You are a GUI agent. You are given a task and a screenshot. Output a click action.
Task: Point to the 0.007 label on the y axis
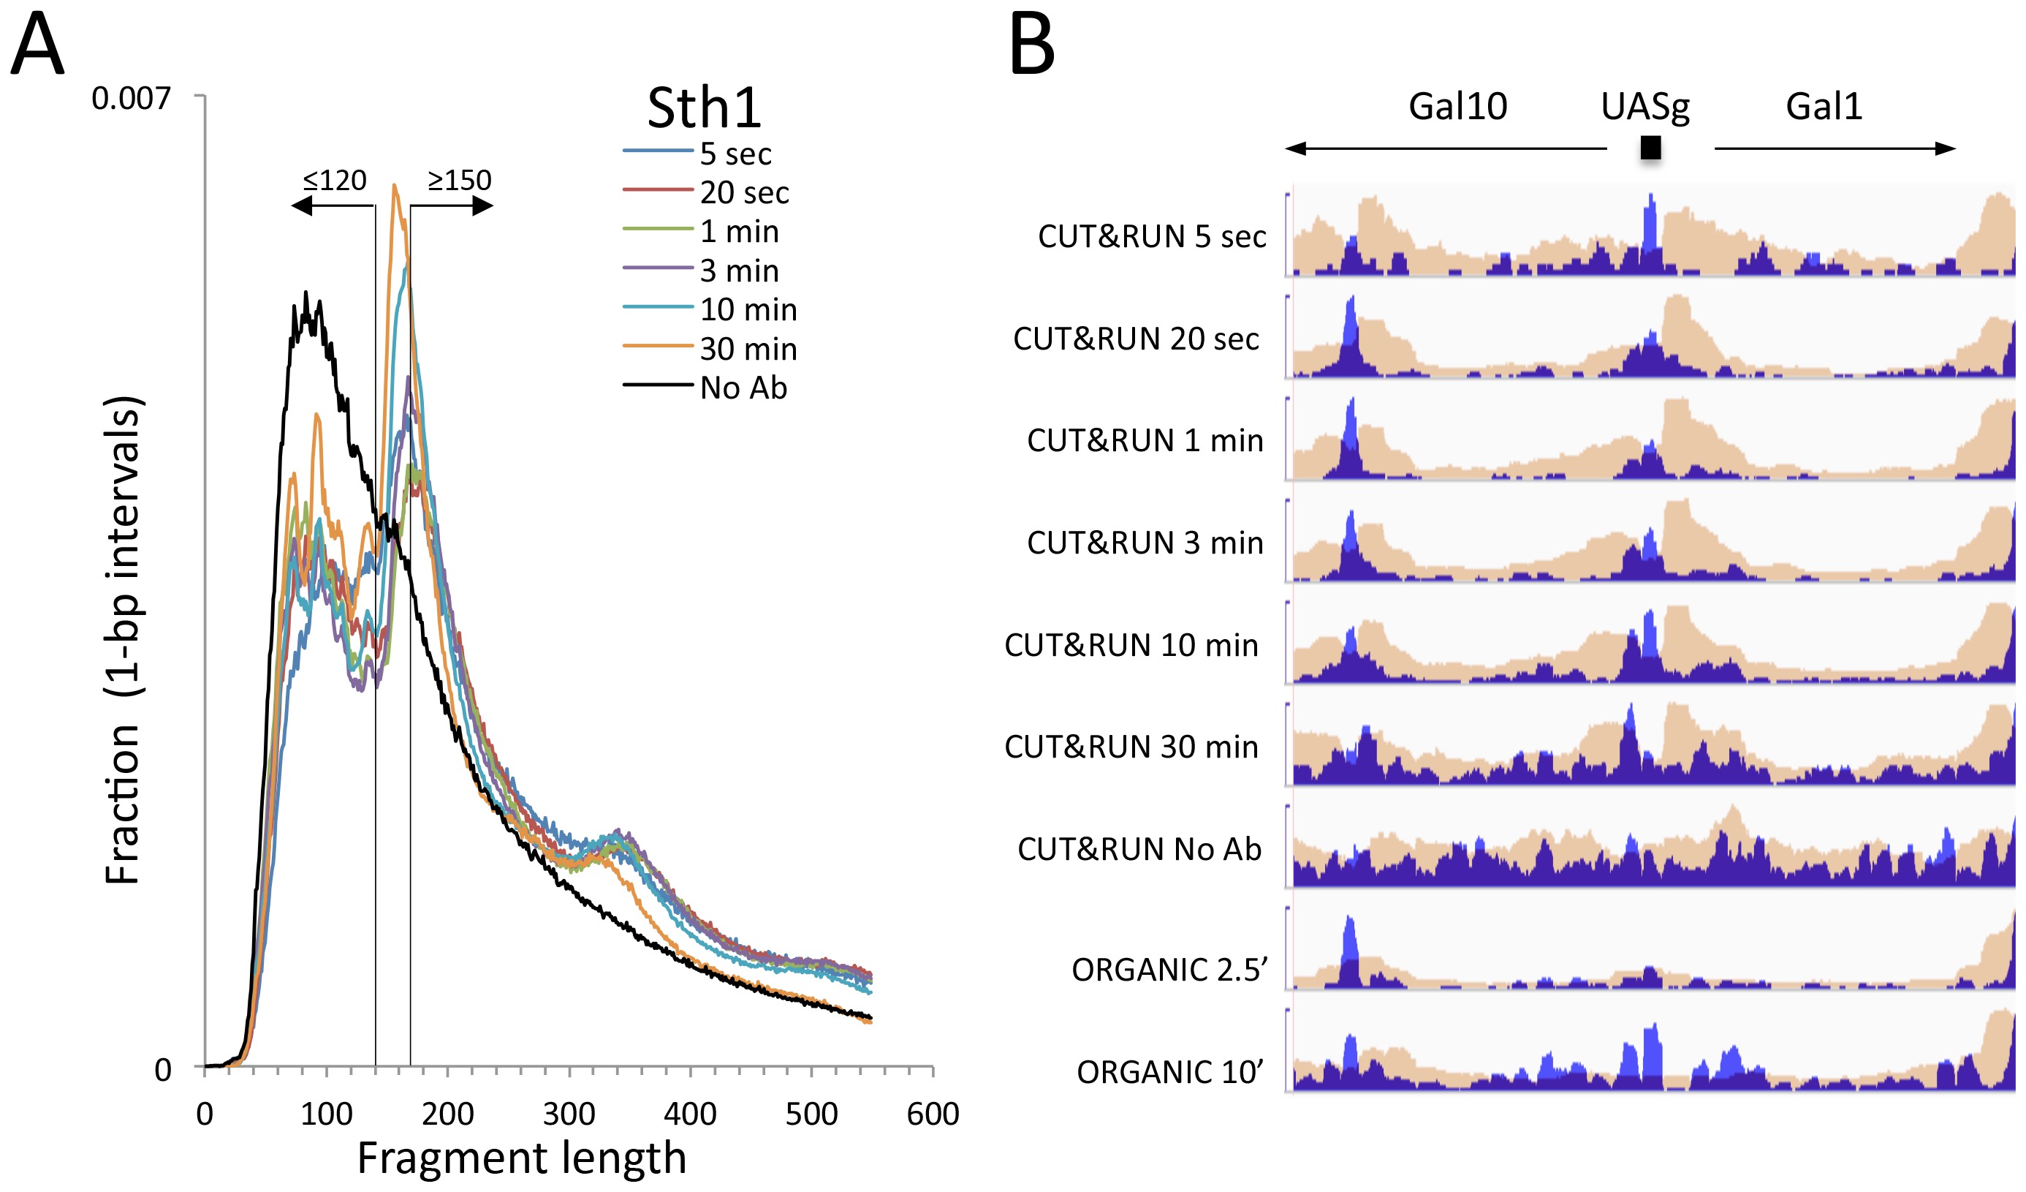tap(131, 99)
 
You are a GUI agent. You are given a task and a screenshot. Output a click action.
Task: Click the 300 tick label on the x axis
tap(569, 1114)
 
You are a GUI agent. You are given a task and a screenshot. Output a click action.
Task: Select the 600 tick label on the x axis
tap(933, 1114)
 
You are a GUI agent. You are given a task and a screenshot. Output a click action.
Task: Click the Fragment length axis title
tap(522, 1158)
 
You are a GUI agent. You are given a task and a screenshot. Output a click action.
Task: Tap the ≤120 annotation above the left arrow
tap(335, 180)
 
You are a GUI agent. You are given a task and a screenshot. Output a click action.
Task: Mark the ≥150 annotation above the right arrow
tap(459, 180)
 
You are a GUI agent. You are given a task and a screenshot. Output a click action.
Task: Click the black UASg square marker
tap(1650, 147)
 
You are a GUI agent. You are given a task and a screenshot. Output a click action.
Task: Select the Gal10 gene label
tap(1457, 106)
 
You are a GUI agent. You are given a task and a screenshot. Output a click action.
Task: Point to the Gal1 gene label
tap(1824, 106)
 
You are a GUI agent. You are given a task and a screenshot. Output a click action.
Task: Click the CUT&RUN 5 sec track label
tap(1151, 236)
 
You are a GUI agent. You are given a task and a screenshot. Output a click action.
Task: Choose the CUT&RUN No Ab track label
tap(1139, 849)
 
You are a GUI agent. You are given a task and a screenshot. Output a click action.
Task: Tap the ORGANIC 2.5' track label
tap(1169, 970)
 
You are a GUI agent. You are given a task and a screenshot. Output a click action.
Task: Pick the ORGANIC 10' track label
tap(1169, 1072)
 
